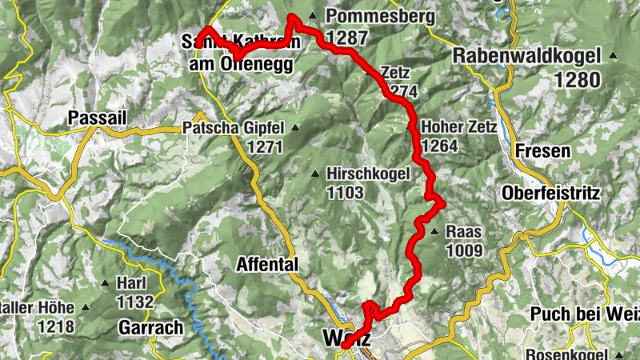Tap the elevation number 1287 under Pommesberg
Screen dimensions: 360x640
click(347, 38)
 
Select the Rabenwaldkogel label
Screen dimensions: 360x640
click(529, 57)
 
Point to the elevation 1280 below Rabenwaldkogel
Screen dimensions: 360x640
click(578, 80)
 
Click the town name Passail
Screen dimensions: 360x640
click(98, 118)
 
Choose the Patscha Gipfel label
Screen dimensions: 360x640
click(234, 128)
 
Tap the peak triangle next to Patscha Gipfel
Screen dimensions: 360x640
click(295, 128)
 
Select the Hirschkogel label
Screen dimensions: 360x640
click(368, 174)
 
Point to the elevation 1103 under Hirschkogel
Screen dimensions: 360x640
click(346, 193)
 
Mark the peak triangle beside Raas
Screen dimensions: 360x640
click(434, 232)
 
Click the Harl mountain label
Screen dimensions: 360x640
click(133, 283)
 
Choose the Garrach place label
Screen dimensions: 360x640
click(150, 327)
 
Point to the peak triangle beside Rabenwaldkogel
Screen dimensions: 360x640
click(613, 56)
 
